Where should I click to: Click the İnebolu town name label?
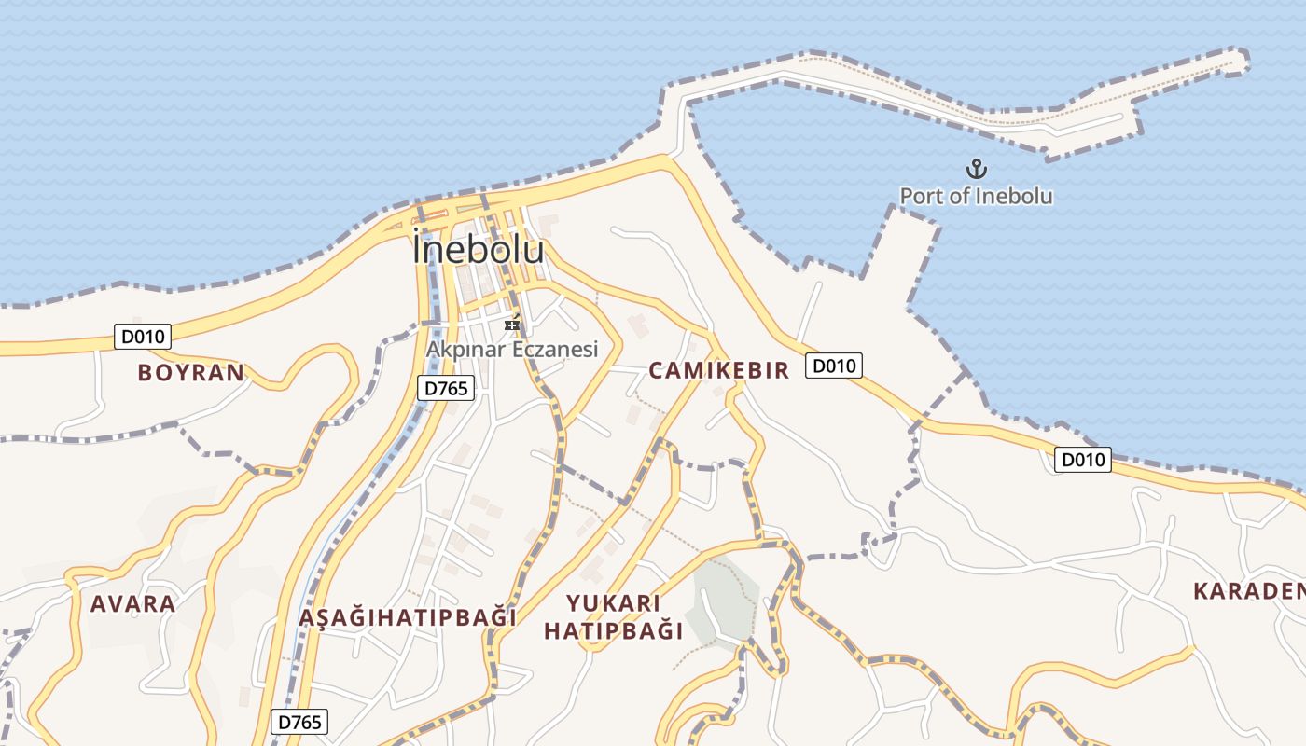pos(478,250)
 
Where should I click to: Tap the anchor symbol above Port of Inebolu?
pos(976,170)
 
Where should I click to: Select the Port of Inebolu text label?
pos(976,196)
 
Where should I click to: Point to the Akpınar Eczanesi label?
pos(511,349)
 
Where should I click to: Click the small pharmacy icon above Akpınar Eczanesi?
pos(512,324)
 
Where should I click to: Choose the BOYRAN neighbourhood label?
pos(190,373)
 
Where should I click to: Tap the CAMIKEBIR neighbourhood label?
pos(718,370)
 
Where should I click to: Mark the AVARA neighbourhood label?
pos(132,603)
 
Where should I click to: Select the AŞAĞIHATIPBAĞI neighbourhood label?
pos(408,617)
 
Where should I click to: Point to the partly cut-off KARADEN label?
pos(1250,590)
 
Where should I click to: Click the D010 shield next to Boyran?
pos(143,337)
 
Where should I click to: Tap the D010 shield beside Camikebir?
pos(834,366)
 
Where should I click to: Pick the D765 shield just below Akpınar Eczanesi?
pos(446,388)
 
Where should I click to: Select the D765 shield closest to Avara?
pos(299,721)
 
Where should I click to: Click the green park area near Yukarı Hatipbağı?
pos(723,601)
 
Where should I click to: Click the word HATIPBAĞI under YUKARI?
pos(614,631)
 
